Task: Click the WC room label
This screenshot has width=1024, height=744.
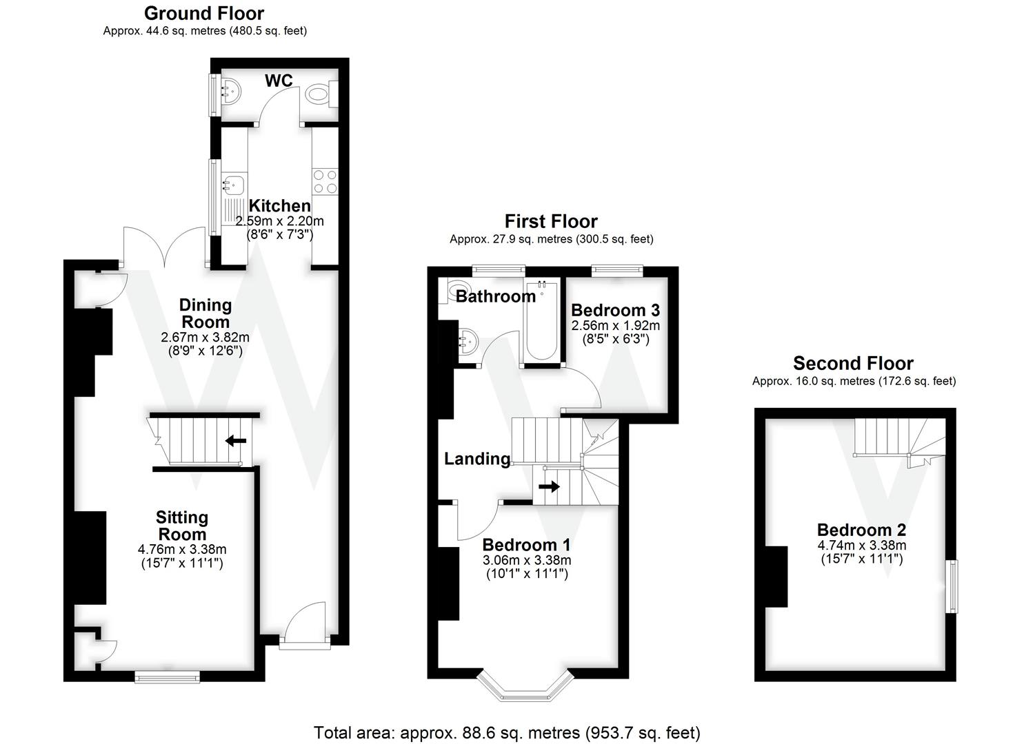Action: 279,81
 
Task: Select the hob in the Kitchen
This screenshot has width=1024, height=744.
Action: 325,180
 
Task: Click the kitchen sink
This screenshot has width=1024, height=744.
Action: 233,185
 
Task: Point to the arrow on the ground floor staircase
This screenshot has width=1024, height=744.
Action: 236,440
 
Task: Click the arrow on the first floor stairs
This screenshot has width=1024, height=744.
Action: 549,486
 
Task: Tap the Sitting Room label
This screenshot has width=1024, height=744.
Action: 182,526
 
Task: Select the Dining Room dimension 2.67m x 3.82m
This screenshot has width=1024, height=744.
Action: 205,338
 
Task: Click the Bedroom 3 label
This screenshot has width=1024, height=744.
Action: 615,310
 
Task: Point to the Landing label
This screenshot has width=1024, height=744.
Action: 476,459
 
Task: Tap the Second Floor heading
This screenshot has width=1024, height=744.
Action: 853,363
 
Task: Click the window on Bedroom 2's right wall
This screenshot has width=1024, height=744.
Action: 952,586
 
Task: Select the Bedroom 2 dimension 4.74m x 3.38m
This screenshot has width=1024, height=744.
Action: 861,546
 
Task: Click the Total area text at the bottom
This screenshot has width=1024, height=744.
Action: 507,732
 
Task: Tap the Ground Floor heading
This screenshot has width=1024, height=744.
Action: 204,13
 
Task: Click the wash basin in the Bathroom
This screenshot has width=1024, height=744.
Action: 468,341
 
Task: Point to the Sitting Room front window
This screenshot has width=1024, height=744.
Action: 168,676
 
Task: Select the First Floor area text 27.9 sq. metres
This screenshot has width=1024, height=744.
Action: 551,239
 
